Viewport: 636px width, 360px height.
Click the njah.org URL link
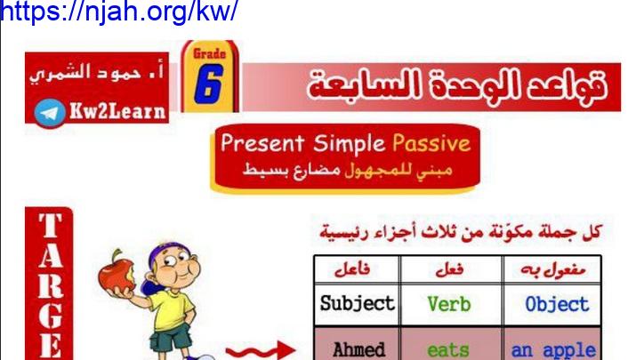[118, 11]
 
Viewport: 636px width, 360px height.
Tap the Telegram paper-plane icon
[50, 113]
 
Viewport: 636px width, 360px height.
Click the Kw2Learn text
[117, 111]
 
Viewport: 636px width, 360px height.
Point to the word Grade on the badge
[209, 53]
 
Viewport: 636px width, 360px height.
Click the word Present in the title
[262, 143]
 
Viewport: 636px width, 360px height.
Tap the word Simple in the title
[349, 144]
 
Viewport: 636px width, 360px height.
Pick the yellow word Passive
[431, 143]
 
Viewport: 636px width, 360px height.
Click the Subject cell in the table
[357, 304]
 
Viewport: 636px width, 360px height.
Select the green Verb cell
[449, 304]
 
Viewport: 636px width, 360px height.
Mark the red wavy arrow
[260, 350]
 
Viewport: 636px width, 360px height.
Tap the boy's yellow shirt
[173, 308]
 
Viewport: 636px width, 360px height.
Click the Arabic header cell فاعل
[352, 269]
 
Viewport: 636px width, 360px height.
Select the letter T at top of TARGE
[51, 226]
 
